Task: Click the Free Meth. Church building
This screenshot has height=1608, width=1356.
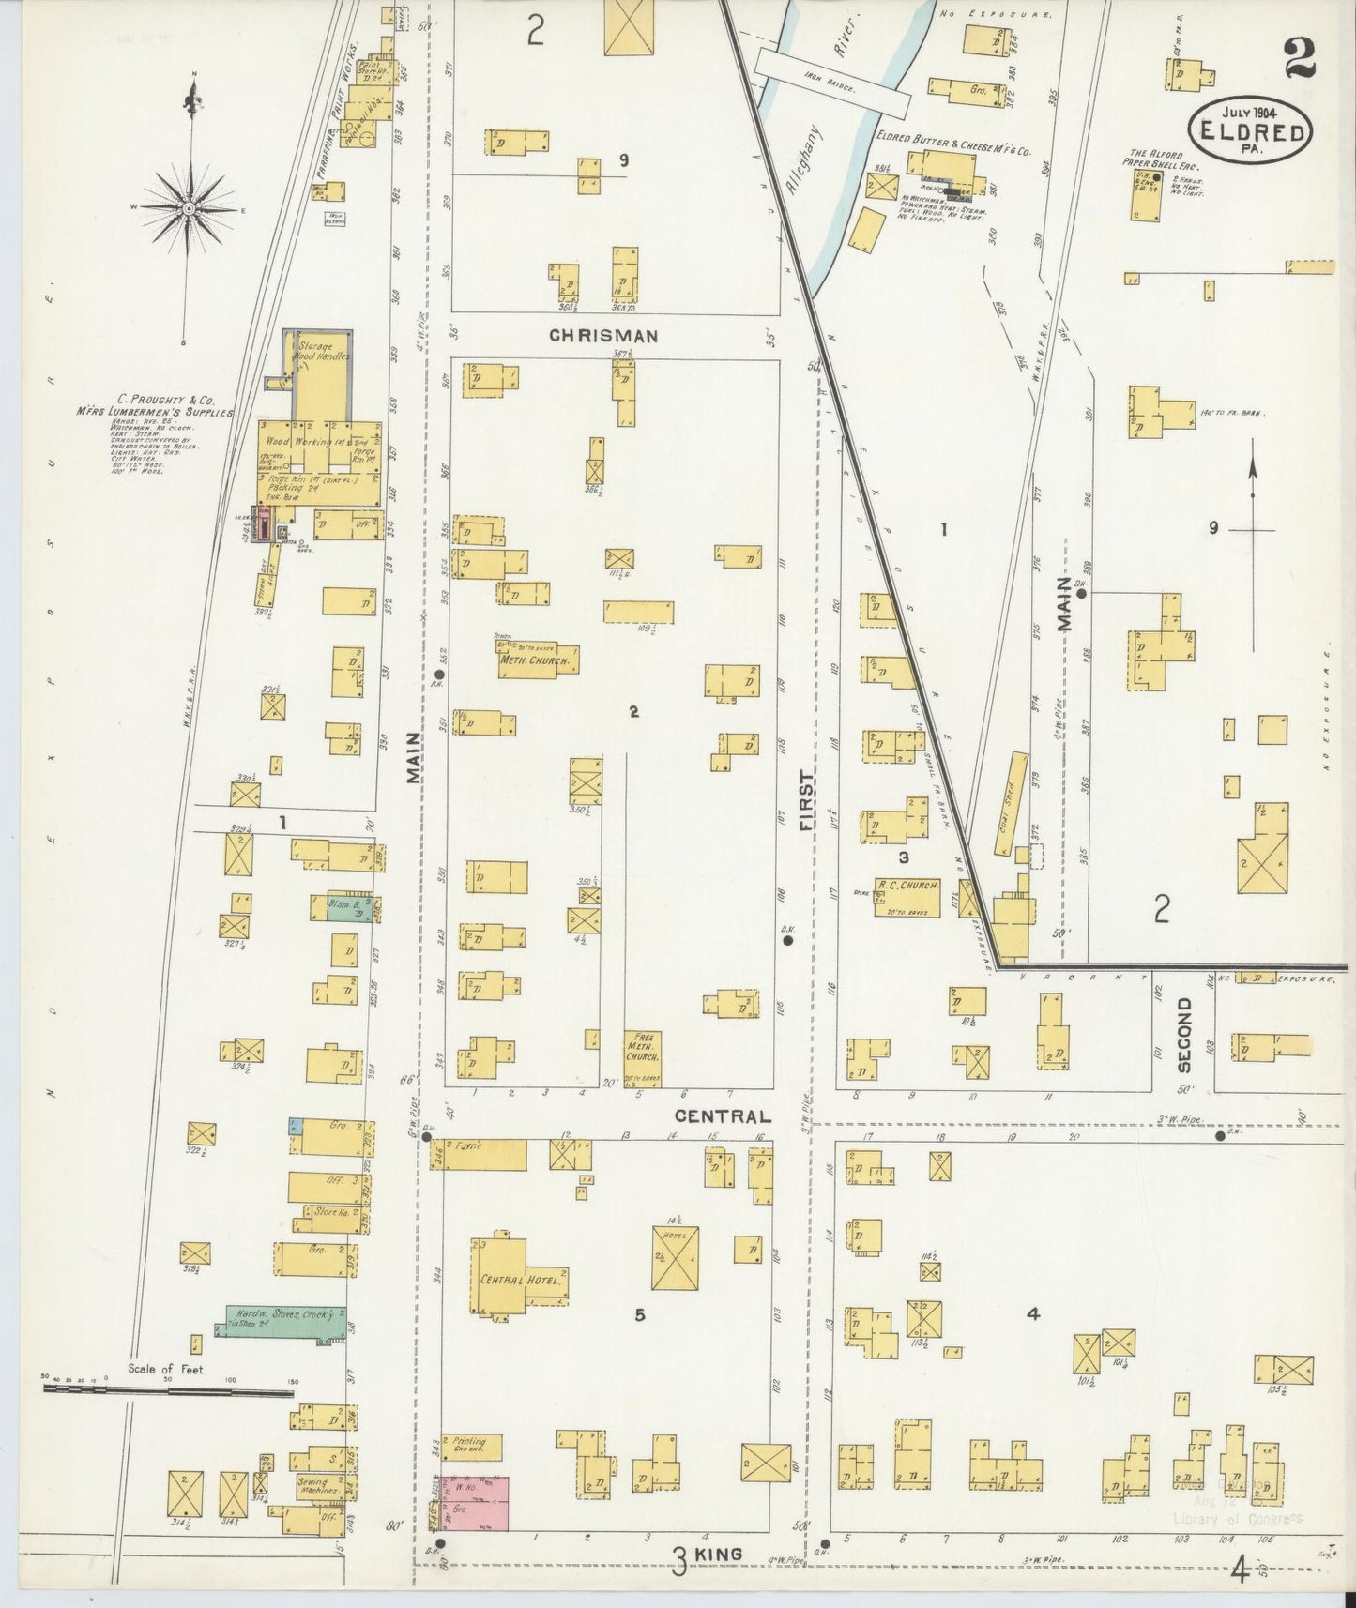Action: (644, 1059)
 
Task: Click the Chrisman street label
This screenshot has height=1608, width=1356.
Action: (603, 335)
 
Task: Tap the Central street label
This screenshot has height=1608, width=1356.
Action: (723, 1116)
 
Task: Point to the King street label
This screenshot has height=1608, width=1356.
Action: (720, 1554)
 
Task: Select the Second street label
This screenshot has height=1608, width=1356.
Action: (1183, 1035)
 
